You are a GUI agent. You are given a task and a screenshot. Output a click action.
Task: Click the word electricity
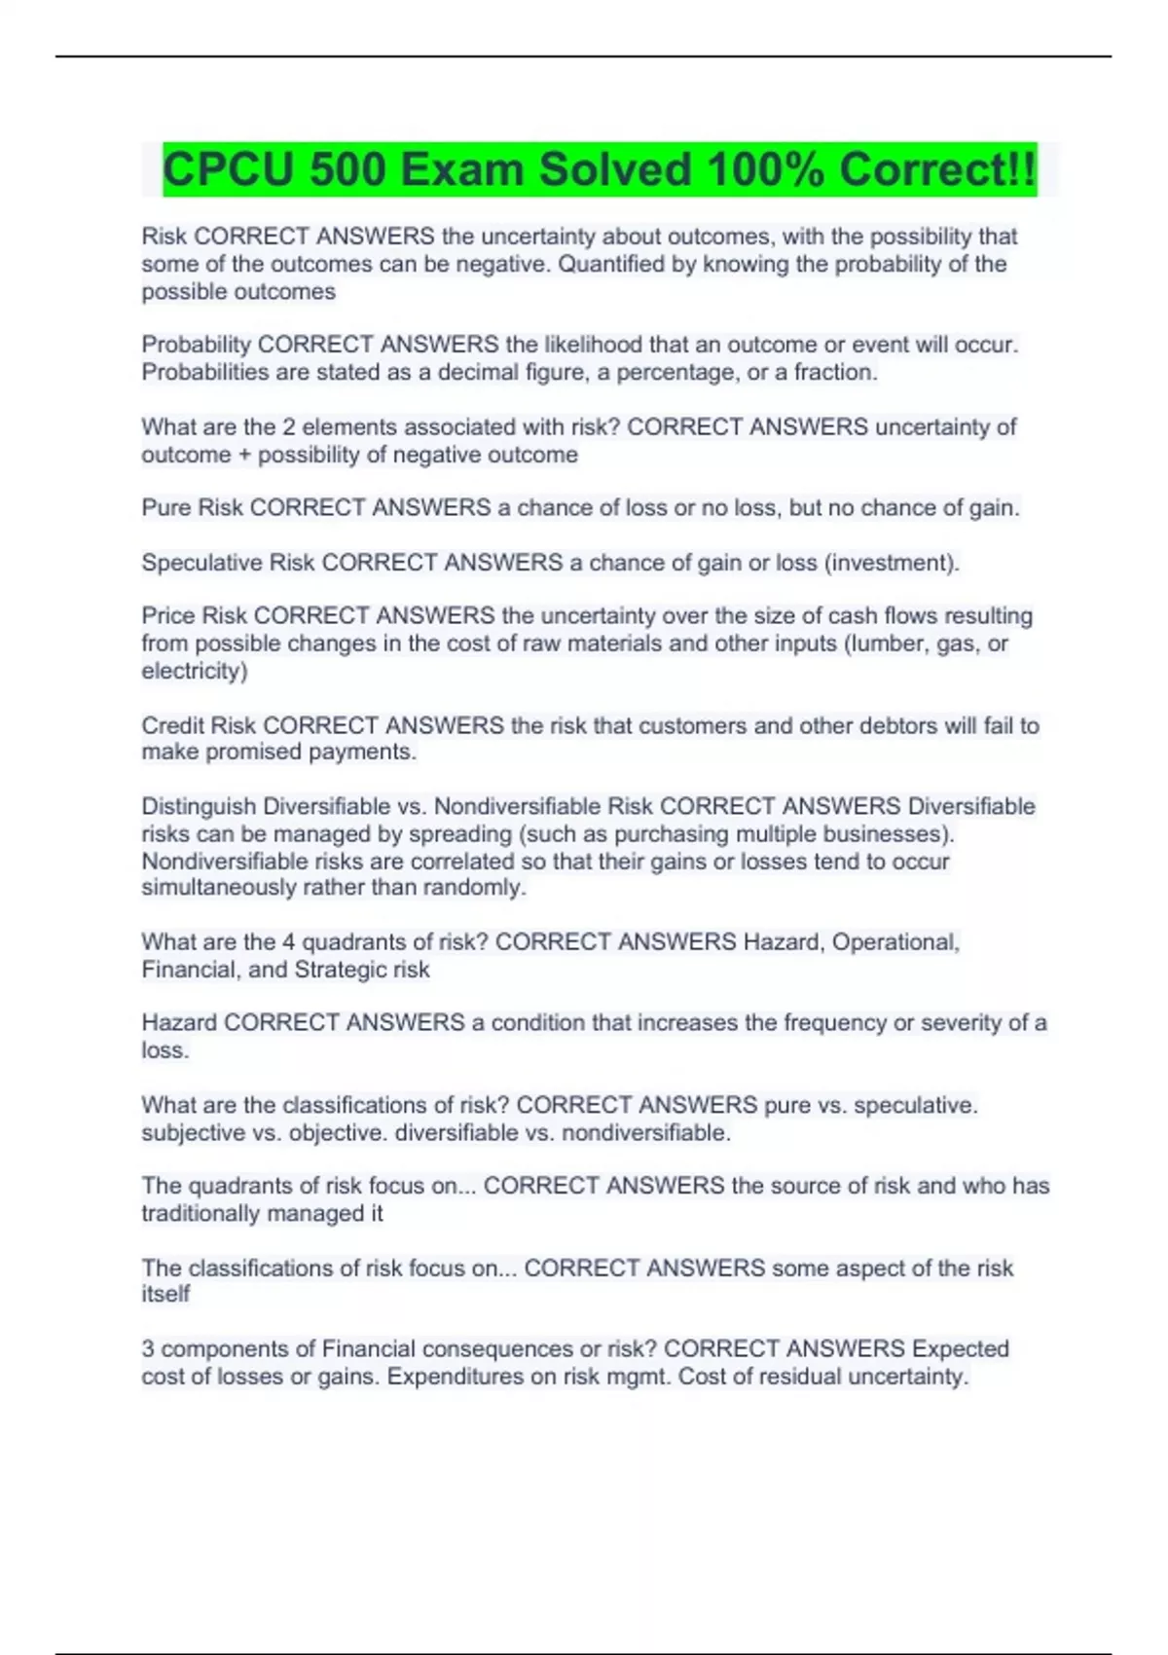coord(194,671)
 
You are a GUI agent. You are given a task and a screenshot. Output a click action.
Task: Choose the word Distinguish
coord(199,806)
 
